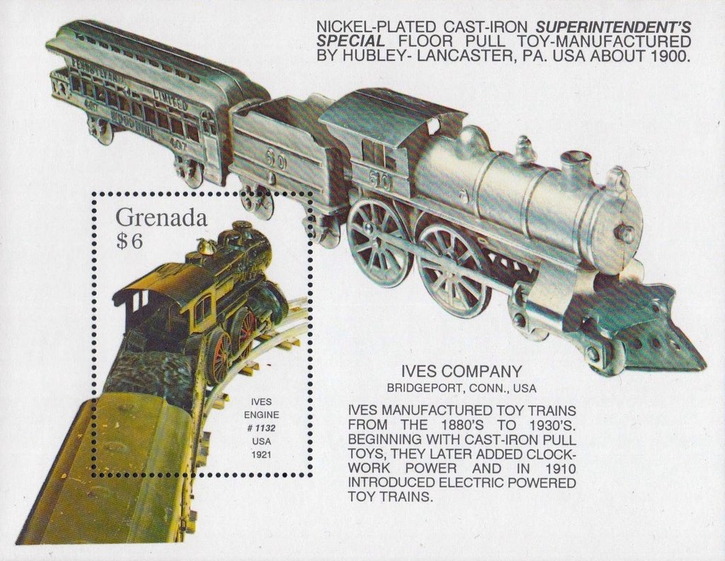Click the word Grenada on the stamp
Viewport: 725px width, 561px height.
[x=161, y=217]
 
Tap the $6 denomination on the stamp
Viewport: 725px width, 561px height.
[x=130, y=241]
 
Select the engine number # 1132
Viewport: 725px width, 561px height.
[x=261, y=429]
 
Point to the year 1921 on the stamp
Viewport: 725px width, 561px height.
[x=261, y=455]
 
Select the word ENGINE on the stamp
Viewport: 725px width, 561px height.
[x=261, y=415]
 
